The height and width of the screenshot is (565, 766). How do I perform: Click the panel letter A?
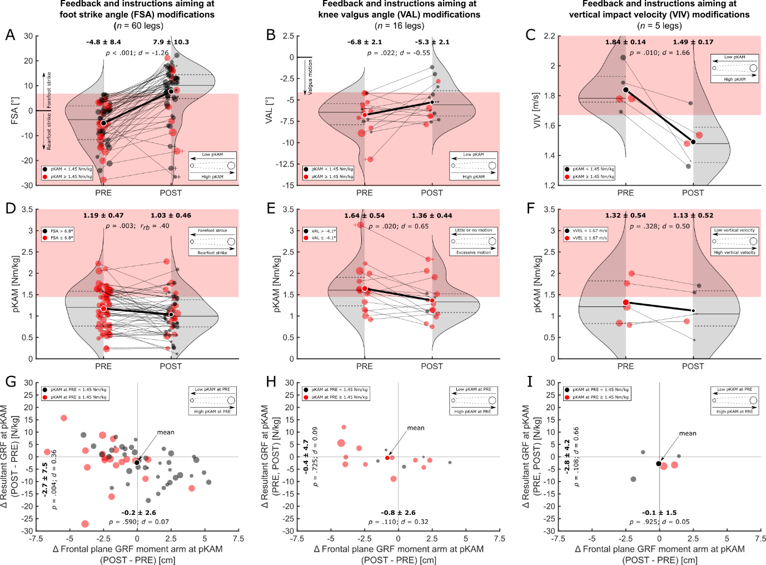[x=10, y=35]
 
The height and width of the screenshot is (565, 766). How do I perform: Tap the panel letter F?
[x=530, y=209]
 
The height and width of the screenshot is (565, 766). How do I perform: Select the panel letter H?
[x=271, y=381]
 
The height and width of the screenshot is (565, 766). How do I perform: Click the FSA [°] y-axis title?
[x=15, y=110]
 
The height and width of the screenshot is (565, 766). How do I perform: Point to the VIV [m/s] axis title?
[x=537, y=110]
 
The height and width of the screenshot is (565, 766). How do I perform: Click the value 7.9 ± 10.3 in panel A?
[x=171, y=42]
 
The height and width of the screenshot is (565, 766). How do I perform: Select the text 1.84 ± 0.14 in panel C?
[x=625, y=42]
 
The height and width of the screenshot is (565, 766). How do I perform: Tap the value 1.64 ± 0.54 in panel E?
[x=364, y=215]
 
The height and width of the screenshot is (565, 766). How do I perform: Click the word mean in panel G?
[x=166, y=432]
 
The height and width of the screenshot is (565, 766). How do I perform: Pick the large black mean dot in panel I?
[x=659, y=463]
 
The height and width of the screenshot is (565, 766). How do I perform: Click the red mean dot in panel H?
[x=387, y=458]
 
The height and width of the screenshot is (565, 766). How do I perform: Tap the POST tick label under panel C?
[x=693, y=193]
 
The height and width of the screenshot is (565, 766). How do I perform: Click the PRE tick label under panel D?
[x=103, y=366]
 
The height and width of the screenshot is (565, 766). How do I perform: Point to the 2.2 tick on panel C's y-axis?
[x=549, y=36]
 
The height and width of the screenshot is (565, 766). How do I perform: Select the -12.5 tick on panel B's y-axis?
[x=284, y=164]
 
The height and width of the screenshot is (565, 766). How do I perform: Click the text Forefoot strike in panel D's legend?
[x=212, y=230]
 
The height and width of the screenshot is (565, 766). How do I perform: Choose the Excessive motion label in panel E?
[x=474, y=252]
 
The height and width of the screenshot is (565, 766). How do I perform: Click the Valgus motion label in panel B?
[x=310, y=76]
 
